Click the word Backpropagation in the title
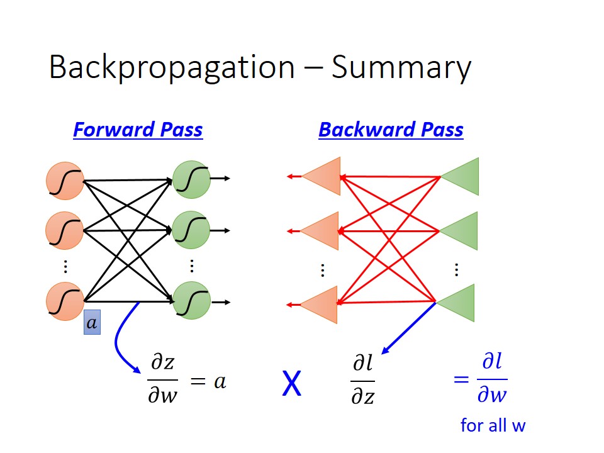[172, 68]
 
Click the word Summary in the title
[401, 68]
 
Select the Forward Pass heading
[138, 130]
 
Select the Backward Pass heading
[391, 130]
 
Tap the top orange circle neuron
[65, 181]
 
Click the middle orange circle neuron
[64, 230]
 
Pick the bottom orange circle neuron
[65, 301]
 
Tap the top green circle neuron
[191, 179]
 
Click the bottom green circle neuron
[191, 301]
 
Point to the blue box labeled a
[92, 322]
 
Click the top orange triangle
[322, 176]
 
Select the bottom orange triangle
[319, 305]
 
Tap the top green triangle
[459, 176]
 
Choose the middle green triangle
[459, 231]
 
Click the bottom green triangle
[456, 303]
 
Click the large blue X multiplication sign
[291, 383]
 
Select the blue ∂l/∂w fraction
[492, 379]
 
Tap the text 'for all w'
[493, 426]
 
